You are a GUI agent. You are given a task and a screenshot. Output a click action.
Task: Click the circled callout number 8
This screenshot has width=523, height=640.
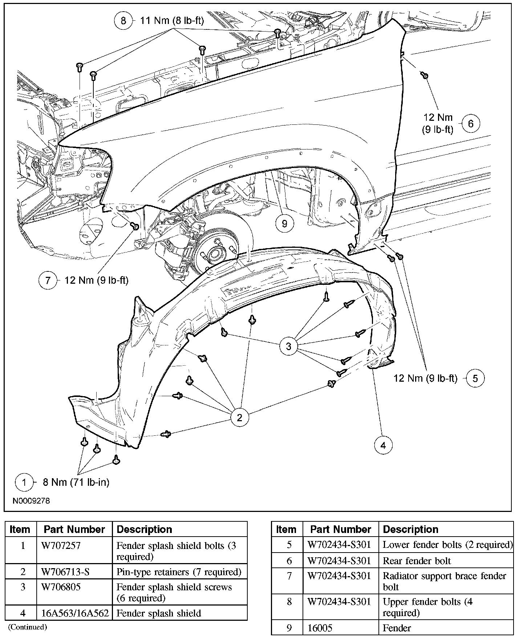(x=123, y=21)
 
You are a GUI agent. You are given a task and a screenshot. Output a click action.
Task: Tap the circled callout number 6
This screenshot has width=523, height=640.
(x=471, y=124)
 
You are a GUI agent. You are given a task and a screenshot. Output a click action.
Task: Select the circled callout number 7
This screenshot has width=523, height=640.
(x=48, y=280)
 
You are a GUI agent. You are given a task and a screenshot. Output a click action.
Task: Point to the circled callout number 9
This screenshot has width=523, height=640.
(x=284, y=223)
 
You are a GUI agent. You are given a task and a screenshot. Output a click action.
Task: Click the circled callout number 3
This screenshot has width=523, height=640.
(x=288, y=346)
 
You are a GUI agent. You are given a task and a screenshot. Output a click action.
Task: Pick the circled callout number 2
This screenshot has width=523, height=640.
(x=239, y=418)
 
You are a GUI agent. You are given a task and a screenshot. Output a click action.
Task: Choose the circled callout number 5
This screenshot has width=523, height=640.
(x=475, y=378)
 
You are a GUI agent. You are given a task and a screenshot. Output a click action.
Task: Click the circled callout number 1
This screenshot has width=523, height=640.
(x=24, y=482)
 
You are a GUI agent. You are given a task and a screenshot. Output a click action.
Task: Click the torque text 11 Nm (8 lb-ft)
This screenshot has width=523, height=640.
(x=172, y=21)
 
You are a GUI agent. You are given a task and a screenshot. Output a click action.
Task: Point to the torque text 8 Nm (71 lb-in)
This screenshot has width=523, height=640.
(x=76, y=482)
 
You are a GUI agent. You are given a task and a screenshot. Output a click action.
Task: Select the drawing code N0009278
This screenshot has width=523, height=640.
(x=31, y=501)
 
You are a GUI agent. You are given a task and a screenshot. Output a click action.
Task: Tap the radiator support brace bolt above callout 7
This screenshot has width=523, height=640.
(x=135, y=226)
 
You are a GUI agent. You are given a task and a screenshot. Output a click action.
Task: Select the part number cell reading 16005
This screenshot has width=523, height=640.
(x=320, y=628)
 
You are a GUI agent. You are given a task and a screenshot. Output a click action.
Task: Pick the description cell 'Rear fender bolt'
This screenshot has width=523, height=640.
(x=417, y=561)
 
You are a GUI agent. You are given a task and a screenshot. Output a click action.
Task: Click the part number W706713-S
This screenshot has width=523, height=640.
(x=65, y=572)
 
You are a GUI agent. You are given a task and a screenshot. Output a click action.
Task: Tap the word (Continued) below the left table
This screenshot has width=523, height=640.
(x=28, y=627)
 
